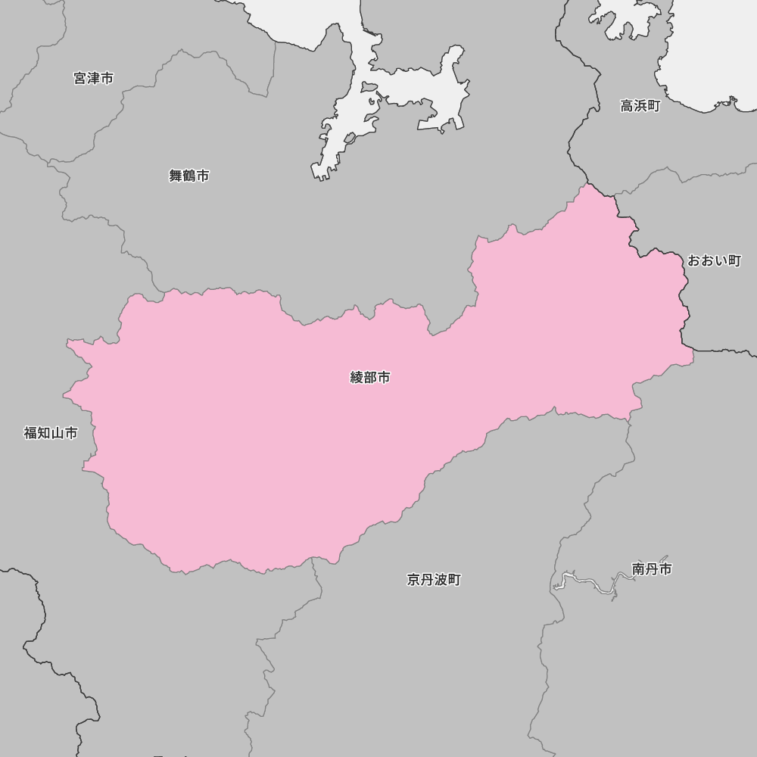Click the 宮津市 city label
click(x=94, y=78)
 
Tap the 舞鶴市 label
click(x=188, y=176)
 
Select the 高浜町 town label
click(x=640, y=106)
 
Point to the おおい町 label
click(x=714, y=260)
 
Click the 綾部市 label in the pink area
click(x=370, y=377)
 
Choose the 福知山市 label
click(x=51, y=433)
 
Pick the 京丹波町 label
click(x=434, y=580)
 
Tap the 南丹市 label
click(x=652, y=569)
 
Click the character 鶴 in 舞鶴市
click(x=188, y=176)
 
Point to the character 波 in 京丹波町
click(x=441, y=580)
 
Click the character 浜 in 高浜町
click(x=640, y=106)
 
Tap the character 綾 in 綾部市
click(x=357, y=377)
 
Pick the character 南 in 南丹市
click(x=639, y=569)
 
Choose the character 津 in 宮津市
click(x=94, y=78)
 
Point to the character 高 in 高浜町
click(x=628, y=106)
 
